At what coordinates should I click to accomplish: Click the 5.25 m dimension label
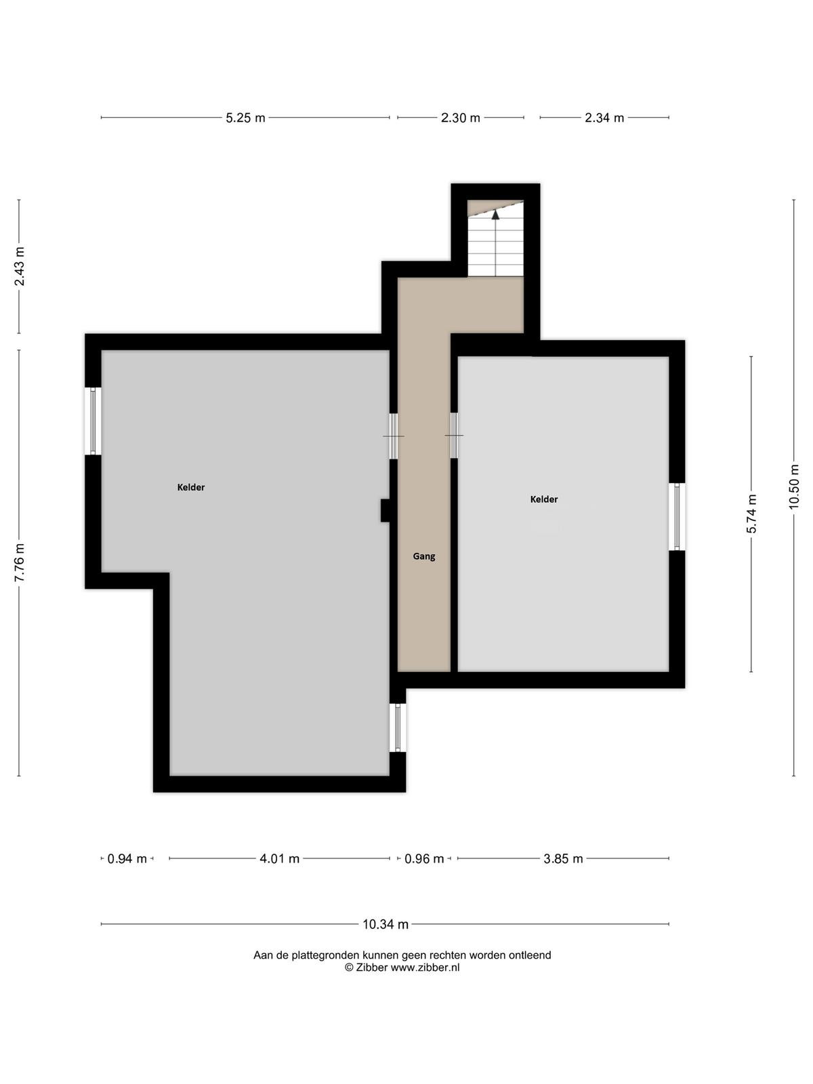point(245,118)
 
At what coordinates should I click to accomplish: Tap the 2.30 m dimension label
point(460,118)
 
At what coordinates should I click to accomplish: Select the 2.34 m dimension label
point(604,118)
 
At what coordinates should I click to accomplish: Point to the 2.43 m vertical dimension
point(19,266)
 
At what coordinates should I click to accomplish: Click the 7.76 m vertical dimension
point(19,563)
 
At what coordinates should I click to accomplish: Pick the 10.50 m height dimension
point(794,486)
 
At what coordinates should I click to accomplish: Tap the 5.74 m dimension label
point(751,514)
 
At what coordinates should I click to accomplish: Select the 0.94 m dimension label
point(127,859)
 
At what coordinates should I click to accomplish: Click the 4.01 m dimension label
point(279,859)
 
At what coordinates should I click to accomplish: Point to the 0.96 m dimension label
point(424,859)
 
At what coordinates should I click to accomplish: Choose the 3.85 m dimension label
point(563,859)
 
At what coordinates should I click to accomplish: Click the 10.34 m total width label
point(385,925)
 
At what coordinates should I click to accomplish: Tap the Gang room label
point(424,557)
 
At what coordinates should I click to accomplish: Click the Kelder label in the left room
point(191,487)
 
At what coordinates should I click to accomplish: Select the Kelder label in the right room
point(544,499)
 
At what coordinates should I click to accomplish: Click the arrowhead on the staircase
point(496,214)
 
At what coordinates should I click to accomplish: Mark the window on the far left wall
point(93,421)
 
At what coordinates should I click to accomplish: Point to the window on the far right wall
point(677,516)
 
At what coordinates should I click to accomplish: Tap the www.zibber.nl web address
point(425,967)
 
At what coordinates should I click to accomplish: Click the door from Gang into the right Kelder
point(454,436)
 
